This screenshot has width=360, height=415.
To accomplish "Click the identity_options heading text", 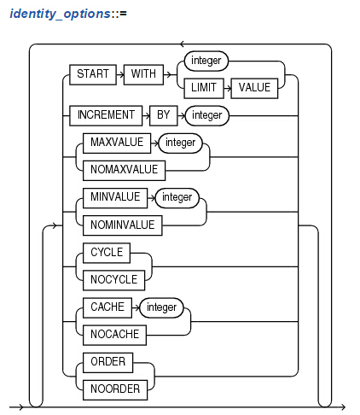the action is pos(68,14).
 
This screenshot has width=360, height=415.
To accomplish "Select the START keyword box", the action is pos(93,74).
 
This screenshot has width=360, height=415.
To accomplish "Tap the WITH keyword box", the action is pos(143,74).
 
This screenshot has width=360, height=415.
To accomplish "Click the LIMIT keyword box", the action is pos(204,88).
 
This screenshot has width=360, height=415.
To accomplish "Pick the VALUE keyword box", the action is pos(254,88).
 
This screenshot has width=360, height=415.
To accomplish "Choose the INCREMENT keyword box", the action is pos(106,115).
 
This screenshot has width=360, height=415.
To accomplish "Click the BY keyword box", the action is pos(164,115).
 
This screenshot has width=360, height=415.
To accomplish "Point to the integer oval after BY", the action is pos(207,115).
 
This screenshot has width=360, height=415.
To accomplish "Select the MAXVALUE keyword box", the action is pos(117,143).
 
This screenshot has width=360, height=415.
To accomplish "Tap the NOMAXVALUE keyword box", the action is pos(124,170).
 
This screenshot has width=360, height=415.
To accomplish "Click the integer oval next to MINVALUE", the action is pos(177,197).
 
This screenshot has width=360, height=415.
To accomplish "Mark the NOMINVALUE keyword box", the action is pos(123,225).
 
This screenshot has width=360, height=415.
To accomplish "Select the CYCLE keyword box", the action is pos(107,253).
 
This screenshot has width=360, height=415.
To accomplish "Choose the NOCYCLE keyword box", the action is pos(113,280).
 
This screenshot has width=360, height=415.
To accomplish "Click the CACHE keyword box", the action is pos(107,307).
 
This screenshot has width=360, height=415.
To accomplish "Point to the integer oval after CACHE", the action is pos(161,307).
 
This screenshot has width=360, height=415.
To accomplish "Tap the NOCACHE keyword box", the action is pos(114,335).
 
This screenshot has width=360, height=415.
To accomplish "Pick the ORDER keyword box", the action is pos(107,362).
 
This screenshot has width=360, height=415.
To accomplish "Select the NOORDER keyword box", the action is pos(115,389).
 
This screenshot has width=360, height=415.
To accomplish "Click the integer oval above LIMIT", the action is pos(206,61).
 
